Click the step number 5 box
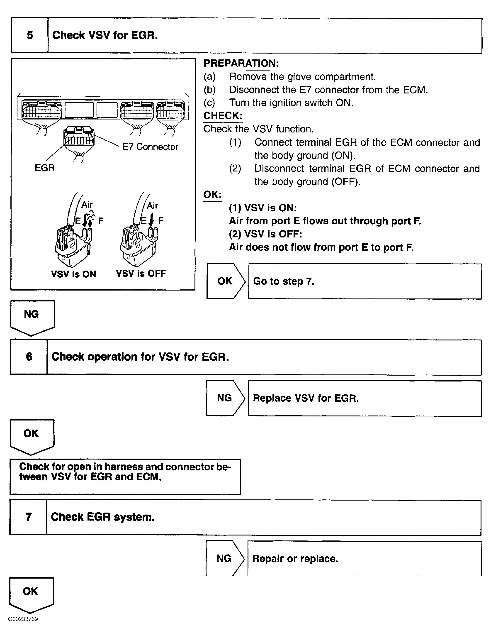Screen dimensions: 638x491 pos(29,35)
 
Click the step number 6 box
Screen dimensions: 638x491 pos(29,357)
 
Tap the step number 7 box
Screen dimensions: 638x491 pos(28,517)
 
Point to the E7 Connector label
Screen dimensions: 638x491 pos(150,147)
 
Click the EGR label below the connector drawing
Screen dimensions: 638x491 pos(44,168)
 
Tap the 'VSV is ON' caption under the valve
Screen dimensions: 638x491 pos(73,274)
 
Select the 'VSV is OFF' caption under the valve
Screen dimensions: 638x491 pos(141,274)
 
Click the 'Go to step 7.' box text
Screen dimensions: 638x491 pos(283,281)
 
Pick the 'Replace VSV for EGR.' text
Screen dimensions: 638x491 pos(306,398)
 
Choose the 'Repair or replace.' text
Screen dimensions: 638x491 pos(295,559)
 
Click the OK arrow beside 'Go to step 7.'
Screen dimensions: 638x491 pos(225,281)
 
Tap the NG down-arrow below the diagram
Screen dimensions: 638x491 pos(32,315)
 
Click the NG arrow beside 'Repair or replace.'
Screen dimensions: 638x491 pos(224,559)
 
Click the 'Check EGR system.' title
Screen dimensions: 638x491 pos(102,517)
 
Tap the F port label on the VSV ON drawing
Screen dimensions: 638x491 pos(101,221)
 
